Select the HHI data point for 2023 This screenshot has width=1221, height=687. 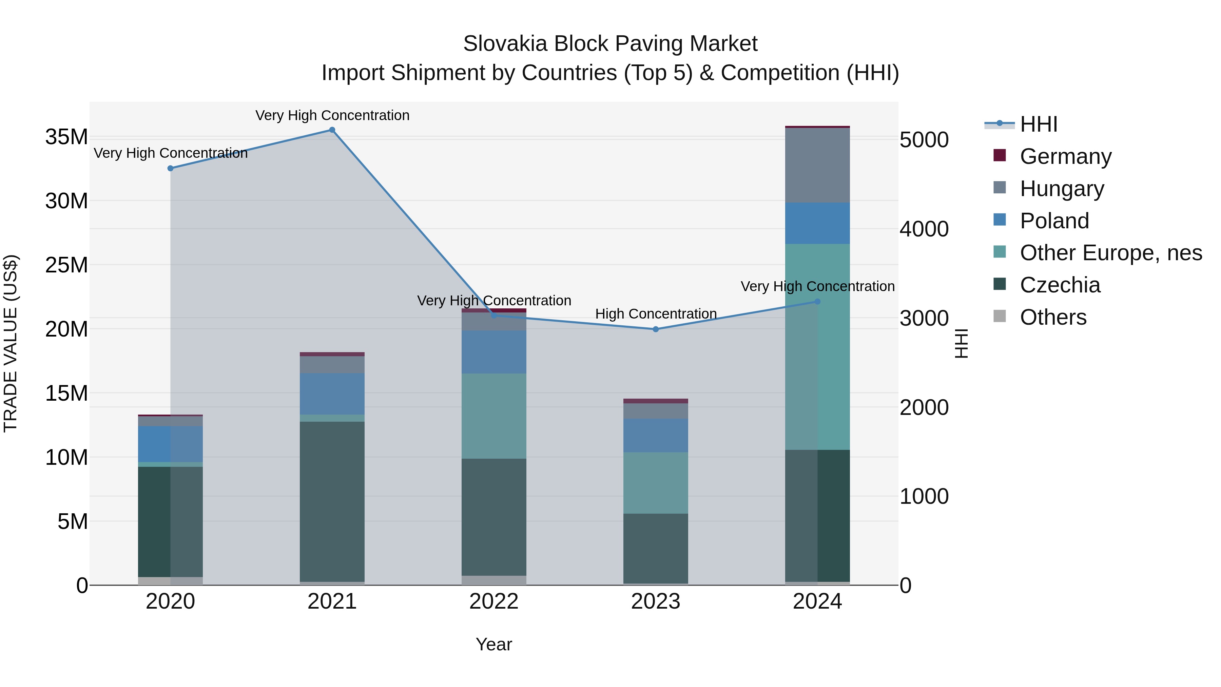656,329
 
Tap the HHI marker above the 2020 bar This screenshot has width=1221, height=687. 170,168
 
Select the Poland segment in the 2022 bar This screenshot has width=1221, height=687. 493,352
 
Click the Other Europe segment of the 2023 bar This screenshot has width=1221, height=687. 656,483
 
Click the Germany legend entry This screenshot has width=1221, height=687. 1065,156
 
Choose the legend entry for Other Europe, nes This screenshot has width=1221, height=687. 1110,253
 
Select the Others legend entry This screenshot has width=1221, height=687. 1053,317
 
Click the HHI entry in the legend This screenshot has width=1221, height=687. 1038,124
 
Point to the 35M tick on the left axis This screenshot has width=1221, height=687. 66,137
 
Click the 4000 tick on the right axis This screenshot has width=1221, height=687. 924,229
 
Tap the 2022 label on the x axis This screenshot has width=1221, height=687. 493,602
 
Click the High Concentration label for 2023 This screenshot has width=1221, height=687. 656,314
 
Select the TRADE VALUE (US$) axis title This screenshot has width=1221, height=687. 11,343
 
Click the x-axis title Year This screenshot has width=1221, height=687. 493,644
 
